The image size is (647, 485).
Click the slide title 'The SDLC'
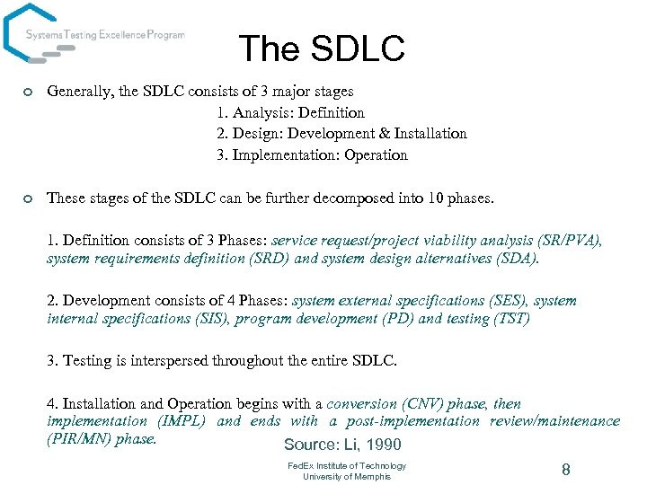click(x=322, y=48)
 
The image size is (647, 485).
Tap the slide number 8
click(x=566, y=469)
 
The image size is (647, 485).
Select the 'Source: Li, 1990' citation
click(x=342, y=445)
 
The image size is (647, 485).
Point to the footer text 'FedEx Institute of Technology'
click(x=347, y=465)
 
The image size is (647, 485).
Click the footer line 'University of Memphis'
click(x=347, y=476)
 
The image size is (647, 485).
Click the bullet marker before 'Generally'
click(x=29, y=92)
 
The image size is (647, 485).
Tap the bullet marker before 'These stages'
click(x=29, y=198)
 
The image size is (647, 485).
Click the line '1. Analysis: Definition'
click(x=290, y=112)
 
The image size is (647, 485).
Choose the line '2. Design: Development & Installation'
click(x=341, y=133)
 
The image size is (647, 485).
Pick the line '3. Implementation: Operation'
click(x=312, y=154)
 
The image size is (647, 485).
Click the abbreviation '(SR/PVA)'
click(x=569, y=241)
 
